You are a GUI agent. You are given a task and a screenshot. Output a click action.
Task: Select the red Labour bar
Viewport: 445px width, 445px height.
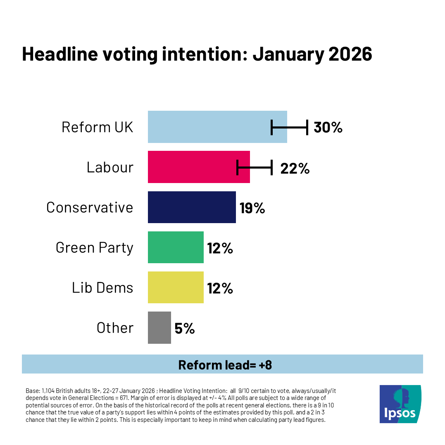(x=192, y=167)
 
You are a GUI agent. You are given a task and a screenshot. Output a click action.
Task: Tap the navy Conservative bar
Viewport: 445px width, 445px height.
(x=192, y=207)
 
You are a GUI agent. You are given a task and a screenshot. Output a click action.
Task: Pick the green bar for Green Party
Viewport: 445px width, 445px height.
(x=176, y=247)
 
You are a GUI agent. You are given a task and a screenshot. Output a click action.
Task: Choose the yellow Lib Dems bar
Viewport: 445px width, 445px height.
(x=176, y=287)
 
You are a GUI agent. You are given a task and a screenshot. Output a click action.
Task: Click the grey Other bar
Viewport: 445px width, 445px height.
(x=159, y=327)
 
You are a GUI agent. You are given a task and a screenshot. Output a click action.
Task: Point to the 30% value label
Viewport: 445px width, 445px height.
(x=328, y=127)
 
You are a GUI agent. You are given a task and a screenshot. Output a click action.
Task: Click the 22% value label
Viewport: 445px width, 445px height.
(x=295, y=168)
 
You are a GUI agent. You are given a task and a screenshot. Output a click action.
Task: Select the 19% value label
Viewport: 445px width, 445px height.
(x=252, y=208)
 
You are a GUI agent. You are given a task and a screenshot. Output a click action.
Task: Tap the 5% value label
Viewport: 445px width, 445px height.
(x=184, y=328)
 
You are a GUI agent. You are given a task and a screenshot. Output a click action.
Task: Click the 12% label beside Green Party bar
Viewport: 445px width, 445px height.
(x=220, y=248)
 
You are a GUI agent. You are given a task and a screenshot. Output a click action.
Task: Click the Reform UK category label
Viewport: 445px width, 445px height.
(x=98, y=127)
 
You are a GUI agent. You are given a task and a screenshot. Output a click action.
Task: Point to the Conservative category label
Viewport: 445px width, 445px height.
(x=90, y=207)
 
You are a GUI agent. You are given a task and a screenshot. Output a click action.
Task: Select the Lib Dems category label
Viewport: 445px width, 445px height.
(x=102, y=287)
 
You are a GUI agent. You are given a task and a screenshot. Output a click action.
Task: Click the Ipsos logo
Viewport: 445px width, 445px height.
(x=400, y=404)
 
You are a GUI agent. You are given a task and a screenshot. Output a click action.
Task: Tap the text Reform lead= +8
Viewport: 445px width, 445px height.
(x=225, y=364)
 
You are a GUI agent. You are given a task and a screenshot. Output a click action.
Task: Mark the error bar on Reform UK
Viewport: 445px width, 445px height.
(x=289, y=127)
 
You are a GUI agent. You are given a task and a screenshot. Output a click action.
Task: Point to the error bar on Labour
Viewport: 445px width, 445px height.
(x=255, y=167)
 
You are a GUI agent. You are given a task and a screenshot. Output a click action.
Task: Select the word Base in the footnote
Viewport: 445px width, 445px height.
(x=32, y=390)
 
